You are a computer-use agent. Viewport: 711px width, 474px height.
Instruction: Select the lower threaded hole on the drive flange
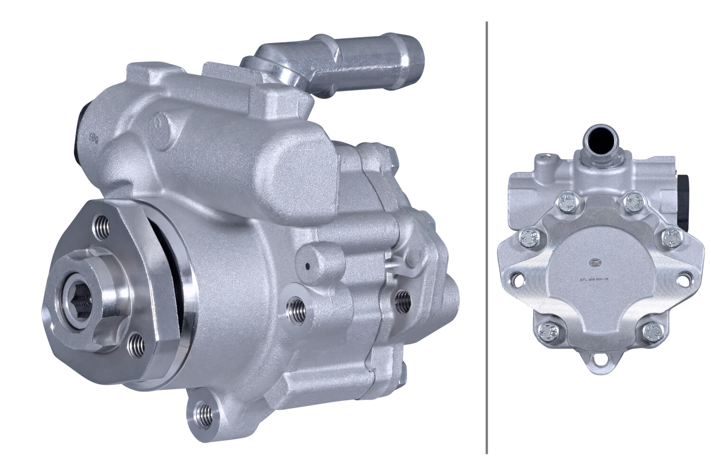point(136,341)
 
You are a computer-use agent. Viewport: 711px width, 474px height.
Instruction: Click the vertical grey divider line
point(487,237)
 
